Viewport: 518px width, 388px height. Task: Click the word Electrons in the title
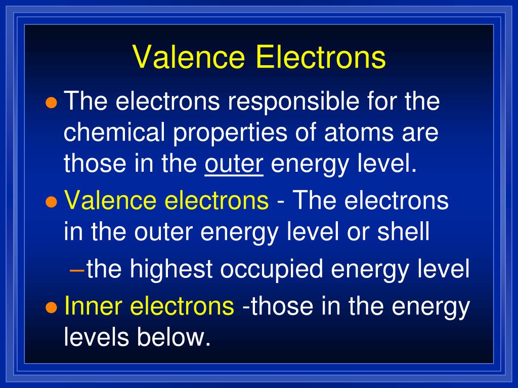(321, 57)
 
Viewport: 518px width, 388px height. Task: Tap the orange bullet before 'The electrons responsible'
(50, 103)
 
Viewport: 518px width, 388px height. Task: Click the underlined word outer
(234, 165)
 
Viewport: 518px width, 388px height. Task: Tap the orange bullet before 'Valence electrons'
(50, 202)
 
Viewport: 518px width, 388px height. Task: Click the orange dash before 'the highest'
(77, 269)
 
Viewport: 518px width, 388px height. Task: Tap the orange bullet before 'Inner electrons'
(50, 307)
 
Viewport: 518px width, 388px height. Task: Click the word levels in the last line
(97, 337)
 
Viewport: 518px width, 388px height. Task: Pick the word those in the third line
(94, 165)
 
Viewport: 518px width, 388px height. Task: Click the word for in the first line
(365, 103)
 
